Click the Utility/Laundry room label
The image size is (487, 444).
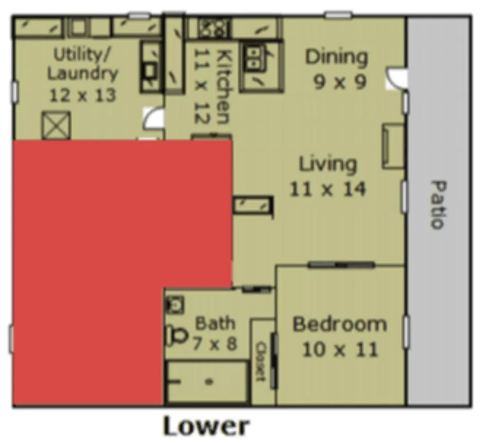pyautogui.click(x=83, y=75)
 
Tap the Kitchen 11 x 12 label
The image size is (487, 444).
pyautogui.click(x=213, y=87)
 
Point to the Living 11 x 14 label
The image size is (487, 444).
pyautogui.click(x=328, y=177)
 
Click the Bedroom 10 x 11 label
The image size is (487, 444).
pyautogui.click(x=340, y=337)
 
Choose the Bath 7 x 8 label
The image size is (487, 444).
pyautogui.click(x=215, y=334)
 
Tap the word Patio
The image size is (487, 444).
pyautogui.click(x=438, y=204)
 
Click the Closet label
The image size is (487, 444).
pyautogui.click(x=261, y=362)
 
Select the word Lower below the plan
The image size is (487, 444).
pyautogui.click(x=206, y=426)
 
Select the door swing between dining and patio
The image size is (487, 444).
pyautogui.click(x=396, y=78)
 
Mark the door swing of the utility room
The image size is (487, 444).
pyautogui.click(x=153, y=117)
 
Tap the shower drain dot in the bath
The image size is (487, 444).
pyautogui.click(x=209, y=382)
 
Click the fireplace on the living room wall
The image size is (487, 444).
pyautogui.click(x=393, y=146)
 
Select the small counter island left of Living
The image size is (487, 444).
pyautogui.click(x=253, y=204)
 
